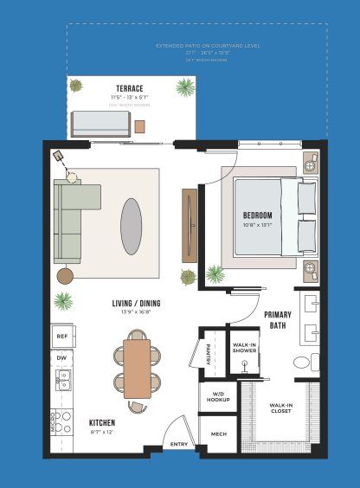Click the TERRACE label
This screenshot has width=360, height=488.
click(130, 88)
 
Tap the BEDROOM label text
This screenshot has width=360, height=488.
click(257, 215)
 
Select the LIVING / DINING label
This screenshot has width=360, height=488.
click(136, 304)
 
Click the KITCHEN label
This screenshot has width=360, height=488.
click(102, 423)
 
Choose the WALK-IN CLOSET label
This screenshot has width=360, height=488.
click(280, 408)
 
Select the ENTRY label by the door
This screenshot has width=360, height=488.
click(178, 444)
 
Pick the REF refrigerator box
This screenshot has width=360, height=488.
click(62, 336)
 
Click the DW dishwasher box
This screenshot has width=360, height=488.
click(61, 357)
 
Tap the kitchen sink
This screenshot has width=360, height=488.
click(62, 381)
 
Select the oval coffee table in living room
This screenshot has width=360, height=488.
click(132, 226)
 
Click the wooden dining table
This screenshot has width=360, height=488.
click(137, 369)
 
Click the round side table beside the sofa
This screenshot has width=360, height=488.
click(66, 275)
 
